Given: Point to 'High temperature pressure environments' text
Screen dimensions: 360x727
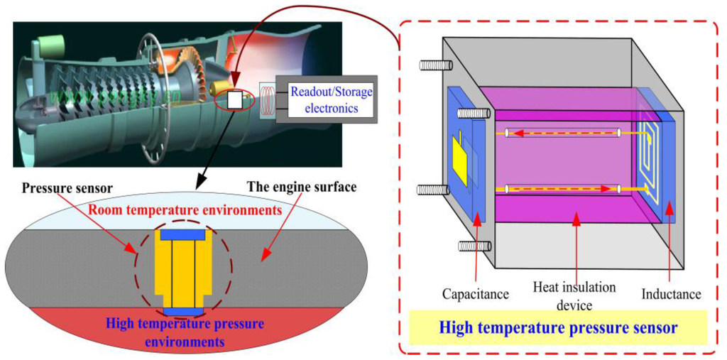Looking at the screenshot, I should [184, 332].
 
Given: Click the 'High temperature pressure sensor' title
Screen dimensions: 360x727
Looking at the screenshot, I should [557, 328].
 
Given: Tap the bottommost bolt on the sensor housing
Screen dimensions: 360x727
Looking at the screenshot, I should [474, 246].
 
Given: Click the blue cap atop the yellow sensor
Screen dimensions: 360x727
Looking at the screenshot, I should [183, 234].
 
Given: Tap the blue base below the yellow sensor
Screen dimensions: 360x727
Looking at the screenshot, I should [182, 312].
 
